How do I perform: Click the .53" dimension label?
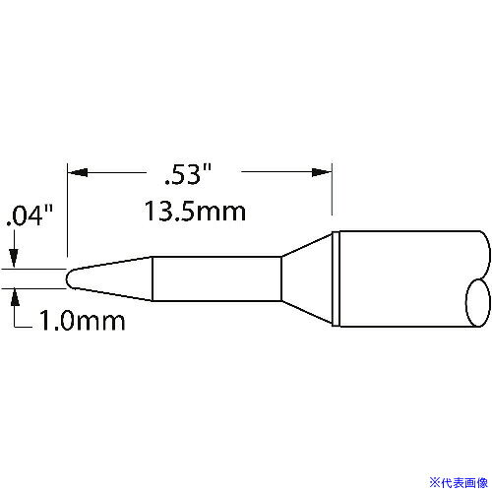[x=188, y=174]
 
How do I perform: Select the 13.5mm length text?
[x=195, y=212]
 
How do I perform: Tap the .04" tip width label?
[x=30, y=215]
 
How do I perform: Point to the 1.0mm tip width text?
[x=82, y=321]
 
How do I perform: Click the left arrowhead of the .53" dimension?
[x=78, y=172]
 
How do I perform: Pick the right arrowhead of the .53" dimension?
[x=322, y=172]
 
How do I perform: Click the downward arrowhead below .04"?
[x=14, y=258]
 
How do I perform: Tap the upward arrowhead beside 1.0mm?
[x=15, y=297]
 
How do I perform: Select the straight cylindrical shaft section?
[x=216, y=278]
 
